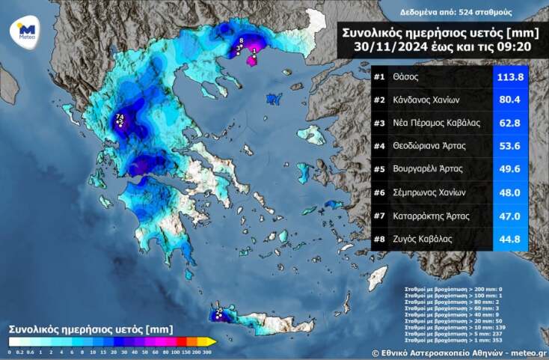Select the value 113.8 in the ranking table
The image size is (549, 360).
(x=510, y=77)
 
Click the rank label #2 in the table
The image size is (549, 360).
(x=379, y=100)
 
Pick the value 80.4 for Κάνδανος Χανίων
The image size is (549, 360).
(x=510, y=100)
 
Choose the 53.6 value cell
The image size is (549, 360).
(x=510, y=146)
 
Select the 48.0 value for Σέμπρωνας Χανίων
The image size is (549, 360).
(x=510, y=192)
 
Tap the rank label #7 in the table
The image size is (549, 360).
(x=379, y=216)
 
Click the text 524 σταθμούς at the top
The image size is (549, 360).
(x=469, y=13)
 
